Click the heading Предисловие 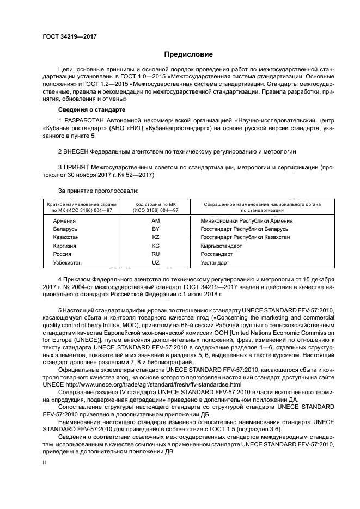[188, 54]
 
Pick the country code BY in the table [155, 229]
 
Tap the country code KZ [155, 237]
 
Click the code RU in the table [155, 254]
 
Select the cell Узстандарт [215, 262]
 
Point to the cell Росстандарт [217, 254]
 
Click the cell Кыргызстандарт [221, 246]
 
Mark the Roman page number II [45, 462]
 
